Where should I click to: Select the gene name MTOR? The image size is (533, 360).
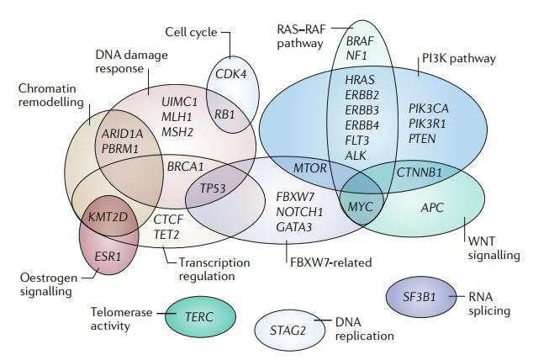pos(310,168)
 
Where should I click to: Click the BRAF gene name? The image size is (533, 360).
pos(361,40)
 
